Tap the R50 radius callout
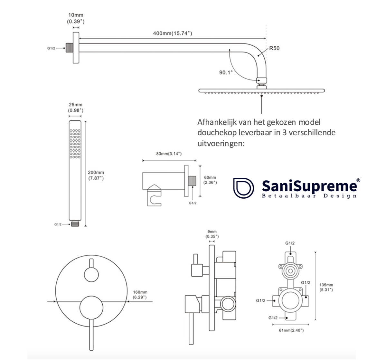pos(274,48)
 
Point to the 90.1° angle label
pos(226,73)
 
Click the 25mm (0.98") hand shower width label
pos(76,108)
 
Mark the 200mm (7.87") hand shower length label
pos(96,175)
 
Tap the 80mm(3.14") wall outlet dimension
pos(169,154)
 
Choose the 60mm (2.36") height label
pos(210,180)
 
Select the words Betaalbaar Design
pos(309,196)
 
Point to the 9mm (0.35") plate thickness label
pos(212,234)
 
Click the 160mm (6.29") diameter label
pos(140,295)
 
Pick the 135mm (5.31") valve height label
pos(326,287)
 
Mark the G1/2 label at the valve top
pos(290,243)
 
